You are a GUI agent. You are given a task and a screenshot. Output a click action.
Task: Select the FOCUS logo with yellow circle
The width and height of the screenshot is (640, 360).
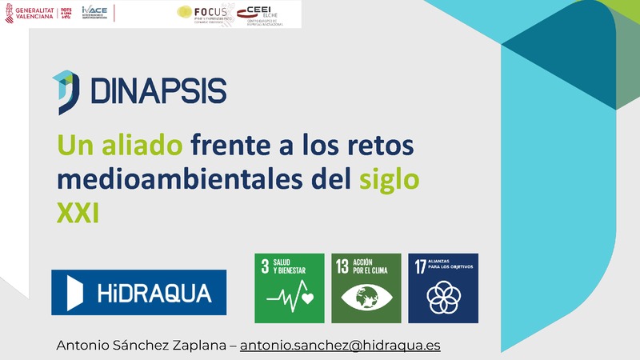[x=202, y=14]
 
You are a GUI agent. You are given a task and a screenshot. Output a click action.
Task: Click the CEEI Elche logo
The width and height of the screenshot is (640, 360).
[x=269, y=14]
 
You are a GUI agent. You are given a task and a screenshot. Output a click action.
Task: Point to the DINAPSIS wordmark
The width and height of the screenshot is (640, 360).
[x=158, y=90]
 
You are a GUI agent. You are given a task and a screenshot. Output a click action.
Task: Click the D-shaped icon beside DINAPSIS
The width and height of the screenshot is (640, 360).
[x=66, y=91]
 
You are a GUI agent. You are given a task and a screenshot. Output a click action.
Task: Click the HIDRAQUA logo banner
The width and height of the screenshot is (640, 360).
[x=138, y=292]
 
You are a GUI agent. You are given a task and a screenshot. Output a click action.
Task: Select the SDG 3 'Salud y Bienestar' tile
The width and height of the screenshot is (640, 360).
[x=289, y=288]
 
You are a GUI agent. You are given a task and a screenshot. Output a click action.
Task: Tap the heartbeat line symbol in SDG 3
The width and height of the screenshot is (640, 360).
[x=289, y=298]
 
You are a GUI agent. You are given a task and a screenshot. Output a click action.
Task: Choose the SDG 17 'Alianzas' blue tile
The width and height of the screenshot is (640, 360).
[x=442, y=288]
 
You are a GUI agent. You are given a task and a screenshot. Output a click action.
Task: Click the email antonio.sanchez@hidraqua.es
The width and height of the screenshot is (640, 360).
[x=341, y=346]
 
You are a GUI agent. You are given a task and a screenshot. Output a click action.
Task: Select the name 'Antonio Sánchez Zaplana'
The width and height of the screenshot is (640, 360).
[x=141, y=346]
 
